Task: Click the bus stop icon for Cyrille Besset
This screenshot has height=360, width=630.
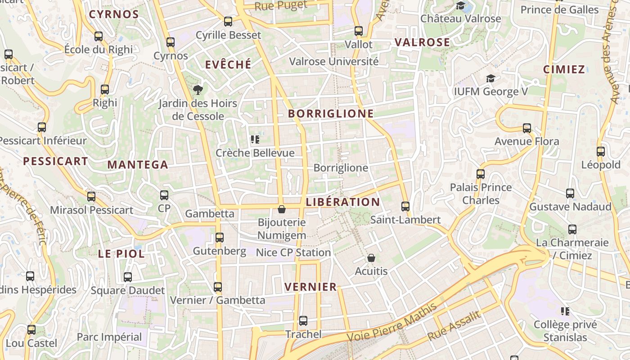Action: (x=228, y=21)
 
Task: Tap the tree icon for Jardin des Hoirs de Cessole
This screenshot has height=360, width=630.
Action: (x=198, y=90)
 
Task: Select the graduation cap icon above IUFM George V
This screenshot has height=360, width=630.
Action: (x=490, y=79)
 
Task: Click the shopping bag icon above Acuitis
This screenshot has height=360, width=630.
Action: (x=371, y=258)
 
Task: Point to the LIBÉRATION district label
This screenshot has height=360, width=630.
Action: (x=343, y=202)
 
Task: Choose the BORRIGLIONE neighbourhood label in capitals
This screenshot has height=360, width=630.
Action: (x=331, y=113)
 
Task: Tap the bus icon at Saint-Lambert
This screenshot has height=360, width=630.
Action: (x=405, y=207)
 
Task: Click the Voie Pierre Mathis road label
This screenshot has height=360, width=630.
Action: (x=392, y=323)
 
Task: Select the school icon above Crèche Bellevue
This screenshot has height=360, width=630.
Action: (x=255, y=139)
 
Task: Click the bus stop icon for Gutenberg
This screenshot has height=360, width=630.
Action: (x=220, y=237)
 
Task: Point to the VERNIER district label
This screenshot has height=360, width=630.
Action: (x=311, y=287)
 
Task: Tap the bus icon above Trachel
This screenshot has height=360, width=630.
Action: (x=303, y=321)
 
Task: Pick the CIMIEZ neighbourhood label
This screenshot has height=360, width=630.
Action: (x=564, y=69)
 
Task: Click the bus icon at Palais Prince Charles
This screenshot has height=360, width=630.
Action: (x=481, y=174)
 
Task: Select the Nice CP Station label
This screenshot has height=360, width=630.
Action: (x=293, y=252)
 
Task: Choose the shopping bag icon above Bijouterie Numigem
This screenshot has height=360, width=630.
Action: (x=282, y=209)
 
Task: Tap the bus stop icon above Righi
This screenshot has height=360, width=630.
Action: (x=105, y=90)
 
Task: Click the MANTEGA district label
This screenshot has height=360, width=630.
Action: (x=138, y=165)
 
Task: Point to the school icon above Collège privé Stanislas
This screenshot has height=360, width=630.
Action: (x=566, y=311)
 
